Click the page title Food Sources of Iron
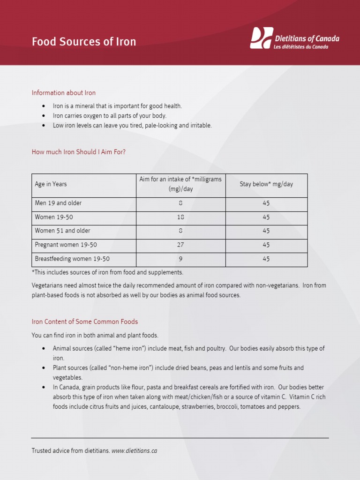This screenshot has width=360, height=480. coord(84,42)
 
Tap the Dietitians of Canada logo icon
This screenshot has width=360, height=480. coord(261,38)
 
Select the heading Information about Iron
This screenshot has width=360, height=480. coord(64,93)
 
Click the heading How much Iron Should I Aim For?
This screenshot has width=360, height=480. coord(79,152)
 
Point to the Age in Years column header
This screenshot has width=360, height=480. coord(51,184)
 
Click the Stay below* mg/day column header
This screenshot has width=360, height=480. coord(266,184)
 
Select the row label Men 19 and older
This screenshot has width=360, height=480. coord(58,203)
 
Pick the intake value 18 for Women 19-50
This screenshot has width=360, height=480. coord(180,217)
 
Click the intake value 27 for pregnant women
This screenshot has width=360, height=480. coord(180,245)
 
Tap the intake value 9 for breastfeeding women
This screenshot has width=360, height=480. coord(180,259)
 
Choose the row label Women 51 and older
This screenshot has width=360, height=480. coord(63,231)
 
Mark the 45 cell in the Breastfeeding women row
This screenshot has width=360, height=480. coord(266,259)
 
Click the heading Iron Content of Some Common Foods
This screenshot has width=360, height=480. coord(85,322)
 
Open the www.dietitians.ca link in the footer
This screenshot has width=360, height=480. coord(134,451)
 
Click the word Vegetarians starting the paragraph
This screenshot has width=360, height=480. coord(47,285)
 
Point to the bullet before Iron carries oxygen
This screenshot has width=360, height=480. coord(44,116)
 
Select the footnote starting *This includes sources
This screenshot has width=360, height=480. coord(107,272)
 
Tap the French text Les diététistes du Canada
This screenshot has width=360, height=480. coord(301,47)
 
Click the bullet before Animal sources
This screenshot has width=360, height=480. coord(44,349)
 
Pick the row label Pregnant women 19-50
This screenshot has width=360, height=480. coord(66,245)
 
